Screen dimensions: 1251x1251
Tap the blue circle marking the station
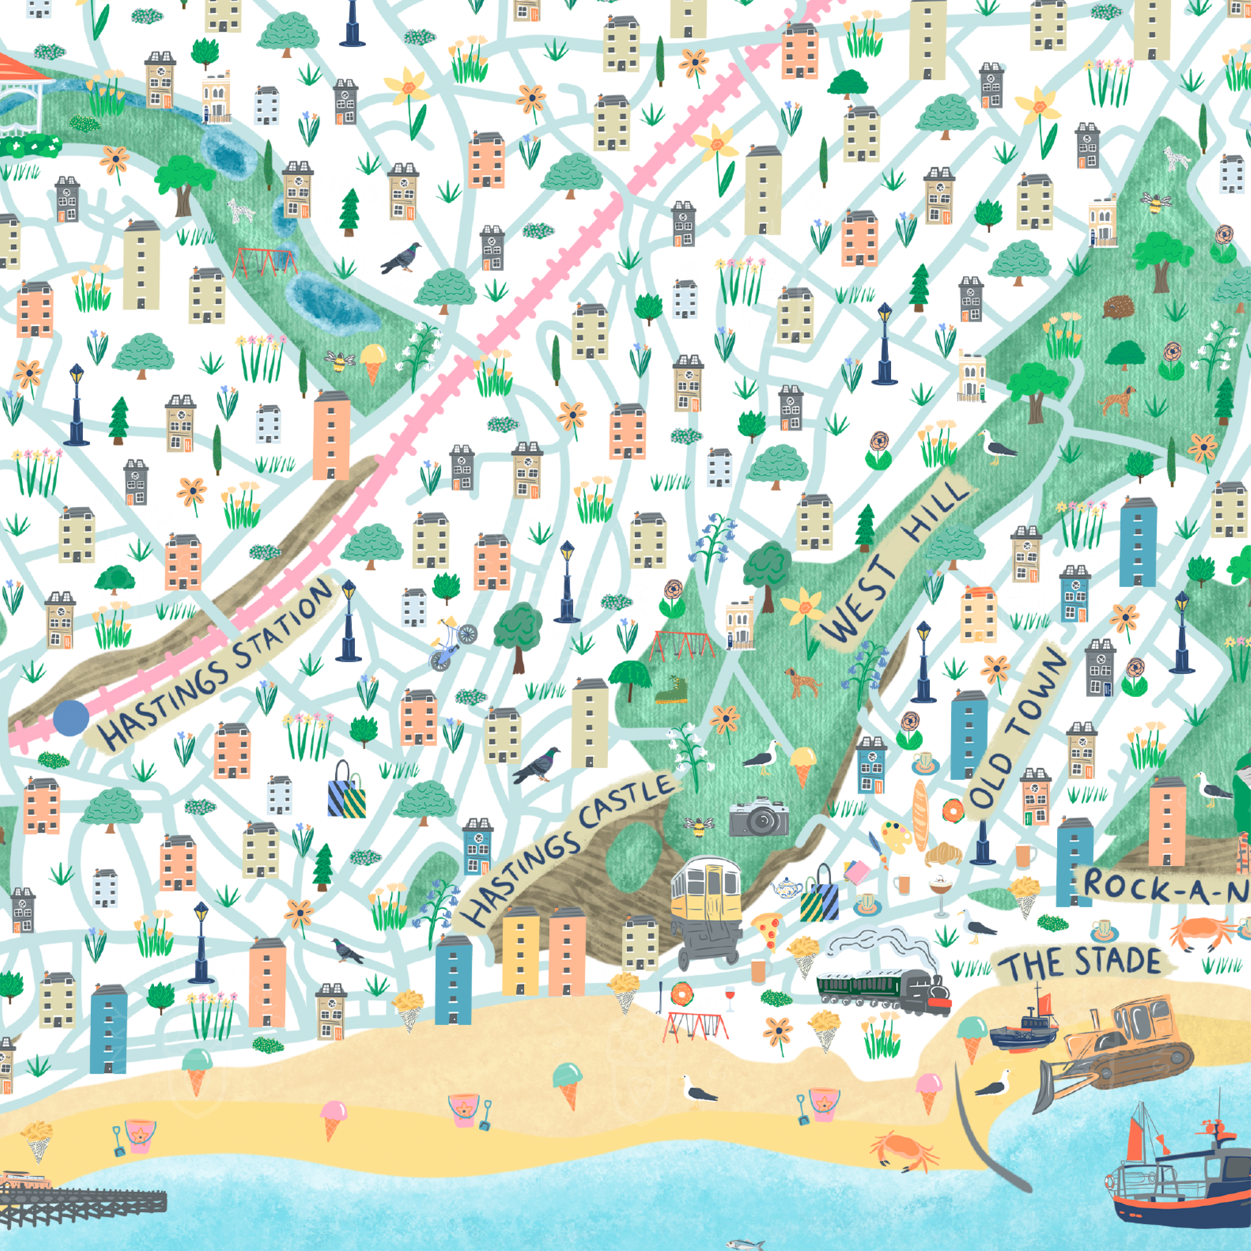(x=71, y=718)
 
